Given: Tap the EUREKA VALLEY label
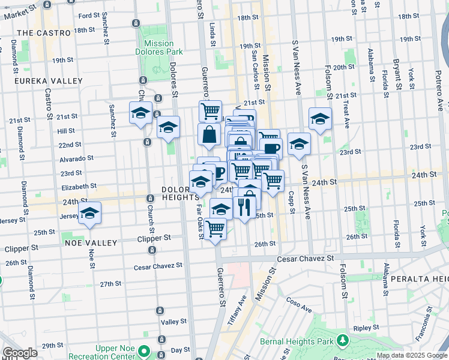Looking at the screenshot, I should click(49, 80).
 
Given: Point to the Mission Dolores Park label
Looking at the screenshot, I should click(159, 48).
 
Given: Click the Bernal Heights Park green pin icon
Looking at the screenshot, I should click(342, 341).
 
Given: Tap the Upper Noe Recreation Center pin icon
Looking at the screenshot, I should click(143, 350).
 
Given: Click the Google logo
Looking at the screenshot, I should click(20, 353).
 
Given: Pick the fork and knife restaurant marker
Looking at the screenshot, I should click(244, 208).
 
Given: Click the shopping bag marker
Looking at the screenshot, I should click(209, 134).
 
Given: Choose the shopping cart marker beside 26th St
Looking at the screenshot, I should click(215, 229).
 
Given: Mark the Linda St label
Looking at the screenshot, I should click(212, 35).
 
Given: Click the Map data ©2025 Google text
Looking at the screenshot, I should click(411, 355).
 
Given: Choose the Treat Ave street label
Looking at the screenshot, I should click(346, 114).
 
